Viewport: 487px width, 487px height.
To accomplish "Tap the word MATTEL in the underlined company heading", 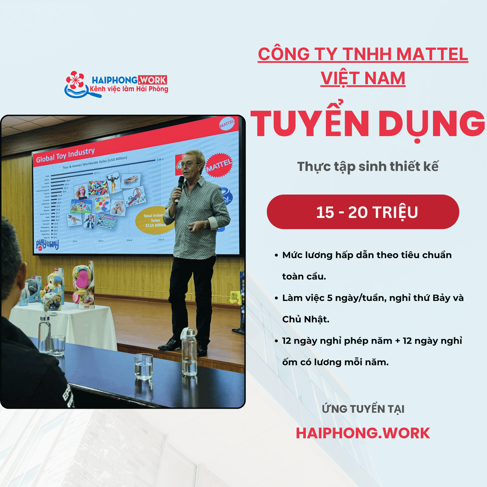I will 432,54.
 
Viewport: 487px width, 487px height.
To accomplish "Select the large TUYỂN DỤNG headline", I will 367,124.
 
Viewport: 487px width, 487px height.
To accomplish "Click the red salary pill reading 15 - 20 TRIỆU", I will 363,212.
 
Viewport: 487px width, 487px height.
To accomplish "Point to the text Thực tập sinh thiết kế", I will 368,166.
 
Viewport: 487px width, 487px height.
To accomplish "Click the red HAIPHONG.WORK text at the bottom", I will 363,433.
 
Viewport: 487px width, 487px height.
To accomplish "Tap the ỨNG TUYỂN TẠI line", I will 363,409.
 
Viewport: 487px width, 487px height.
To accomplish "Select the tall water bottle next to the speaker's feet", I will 189,352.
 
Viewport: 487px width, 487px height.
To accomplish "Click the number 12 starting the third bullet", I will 287,341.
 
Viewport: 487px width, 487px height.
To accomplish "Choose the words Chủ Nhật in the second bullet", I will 306,319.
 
